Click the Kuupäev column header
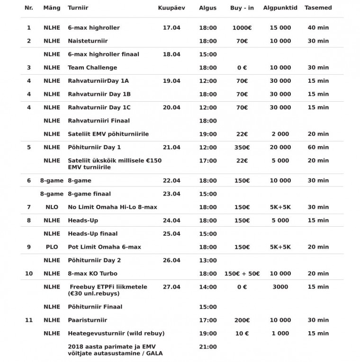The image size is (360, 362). point(171,8)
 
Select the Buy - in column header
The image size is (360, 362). point(242,8)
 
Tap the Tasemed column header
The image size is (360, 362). point(318,8)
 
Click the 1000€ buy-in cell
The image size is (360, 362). point(242,28)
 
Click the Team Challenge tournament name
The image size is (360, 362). point(92,68)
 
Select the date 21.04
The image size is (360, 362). point(171,147)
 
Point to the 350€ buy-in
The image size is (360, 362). point(242,147)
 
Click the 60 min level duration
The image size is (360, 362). point(318,147)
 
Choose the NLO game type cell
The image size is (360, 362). point(52,207)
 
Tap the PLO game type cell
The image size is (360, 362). point(52,247)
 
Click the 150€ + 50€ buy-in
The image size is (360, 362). point(242,274)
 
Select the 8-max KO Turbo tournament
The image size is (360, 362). point(92,274)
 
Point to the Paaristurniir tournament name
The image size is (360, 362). point(87,320)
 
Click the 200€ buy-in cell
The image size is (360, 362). point(242,320)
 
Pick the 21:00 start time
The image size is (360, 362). point(208,347)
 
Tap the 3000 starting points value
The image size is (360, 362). point(280,287)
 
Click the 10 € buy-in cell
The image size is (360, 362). point(242,334)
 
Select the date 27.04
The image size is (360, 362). point(171,287)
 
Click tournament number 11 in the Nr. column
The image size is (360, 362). point(29,320)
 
